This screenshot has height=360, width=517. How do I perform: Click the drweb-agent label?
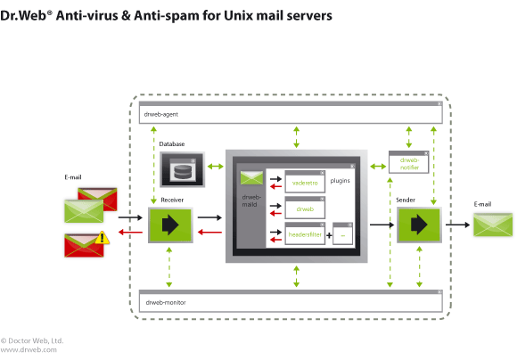pos(161,114)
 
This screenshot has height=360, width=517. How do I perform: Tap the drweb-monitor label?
pos(166,302)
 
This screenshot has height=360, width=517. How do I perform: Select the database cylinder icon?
pos(183,169)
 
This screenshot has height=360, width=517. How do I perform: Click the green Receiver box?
pos(170,225)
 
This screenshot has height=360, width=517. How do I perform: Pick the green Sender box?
pos(419,225)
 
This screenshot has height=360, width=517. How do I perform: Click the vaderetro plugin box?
pos(305,182)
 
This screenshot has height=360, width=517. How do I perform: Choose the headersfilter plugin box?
pos(305,233)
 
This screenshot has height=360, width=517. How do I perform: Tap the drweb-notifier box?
pos(409,162)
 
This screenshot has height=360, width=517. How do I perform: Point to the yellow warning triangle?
pos(103,237)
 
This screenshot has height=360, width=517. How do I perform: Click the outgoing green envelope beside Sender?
pos(493,225)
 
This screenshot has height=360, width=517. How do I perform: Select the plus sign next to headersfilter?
pos(329,235)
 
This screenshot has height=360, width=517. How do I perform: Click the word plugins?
pos(340,181)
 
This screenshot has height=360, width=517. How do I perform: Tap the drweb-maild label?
pos(251,200)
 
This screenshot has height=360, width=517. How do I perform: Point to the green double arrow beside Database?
pos(216,167)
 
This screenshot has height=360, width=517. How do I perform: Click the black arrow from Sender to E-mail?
pos(457,225)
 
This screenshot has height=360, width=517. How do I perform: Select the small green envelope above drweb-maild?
pos(252,178)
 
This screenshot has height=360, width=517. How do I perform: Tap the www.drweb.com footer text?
pos(29,349)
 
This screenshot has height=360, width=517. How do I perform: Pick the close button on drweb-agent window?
pos(439,103)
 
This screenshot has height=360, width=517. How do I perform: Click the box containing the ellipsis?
pos(342,233)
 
